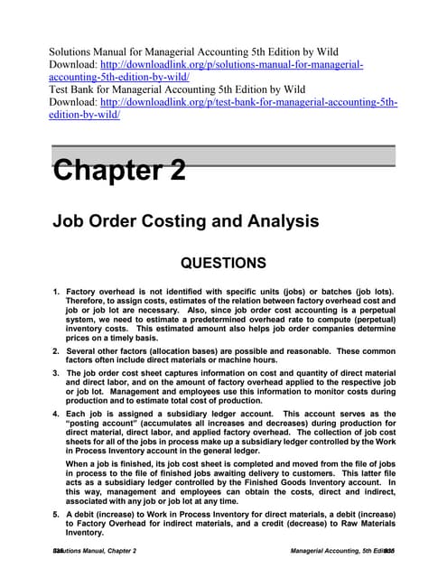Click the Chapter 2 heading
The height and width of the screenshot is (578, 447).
pyautogui.click(x=119, y=169)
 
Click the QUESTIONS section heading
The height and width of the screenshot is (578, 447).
pyautogui.click(x=223, y=264)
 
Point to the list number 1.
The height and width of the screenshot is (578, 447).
pyautogui.click(x=56, y=293)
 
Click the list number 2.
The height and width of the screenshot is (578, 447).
pyautogui.click(x=56, y=350)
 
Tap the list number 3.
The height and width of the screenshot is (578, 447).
pyautogui.click(x=56, y=373)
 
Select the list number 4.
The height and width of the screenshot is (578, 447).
pyautogui.click(x=56, y=414)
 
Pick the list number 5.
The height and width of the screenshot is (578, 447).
pyautogui.click(x=56, y=513)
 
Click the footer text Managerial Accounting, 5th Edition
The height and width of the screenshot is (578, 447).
pyautogui.click(x=340, y=550)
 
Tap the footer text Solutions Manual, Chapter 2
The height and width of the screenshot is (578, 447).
pyautogui.click(x=96, y=550)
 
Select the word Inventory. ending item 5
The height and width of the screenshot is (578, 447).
pyautogui.click(x=86, y=533)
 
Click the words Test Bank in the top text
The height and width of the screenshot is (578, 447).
pyautogui.click(x=71, y=89)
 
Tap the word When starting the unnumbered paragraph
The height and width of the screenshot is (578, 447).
pyautogui.click(x=77, y=463)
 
